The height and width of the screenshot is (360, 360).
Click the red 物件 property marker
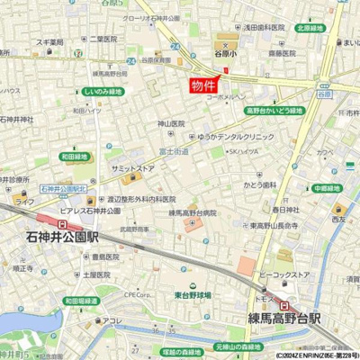point(204,85)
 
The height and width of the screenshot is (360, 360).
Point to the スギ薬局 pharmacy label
point(49,42)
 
